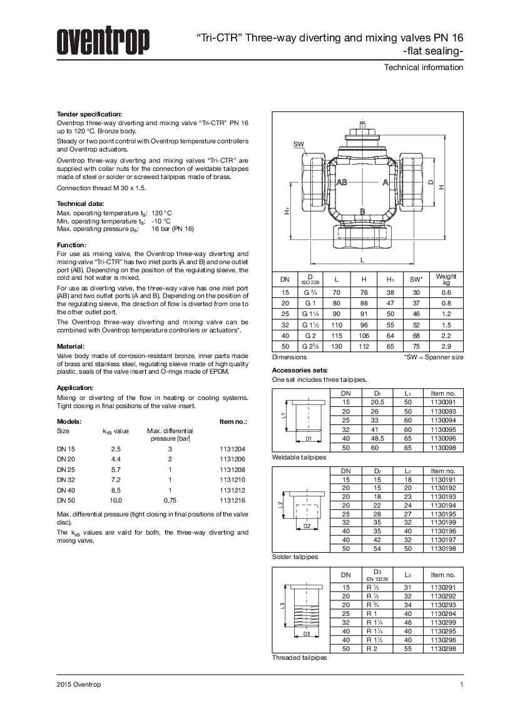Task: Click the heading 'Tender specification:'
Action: tap(89, 114)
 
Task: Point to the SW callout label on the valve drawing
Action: tap(298, 145)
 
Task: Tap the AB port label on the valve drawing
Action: tap(342, 182)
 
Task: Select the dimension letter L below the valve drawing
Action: tap(362, 259)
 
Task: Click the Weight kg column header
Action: tap(446, 279)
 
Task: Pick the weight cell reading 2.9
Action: tap(446, 346)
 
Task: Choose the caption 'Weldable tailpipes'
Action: tap(299, 458)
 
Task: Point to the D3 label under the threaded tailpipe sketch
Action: tap(306, 634)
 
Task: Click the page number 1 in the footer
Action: tap(461, 684)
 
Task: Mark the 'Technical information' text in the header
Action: tap(424, 67)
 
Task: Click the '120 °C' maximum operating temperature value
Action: tap(161, 213)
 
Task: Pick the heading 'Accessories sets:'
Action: tap(298, 371)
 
